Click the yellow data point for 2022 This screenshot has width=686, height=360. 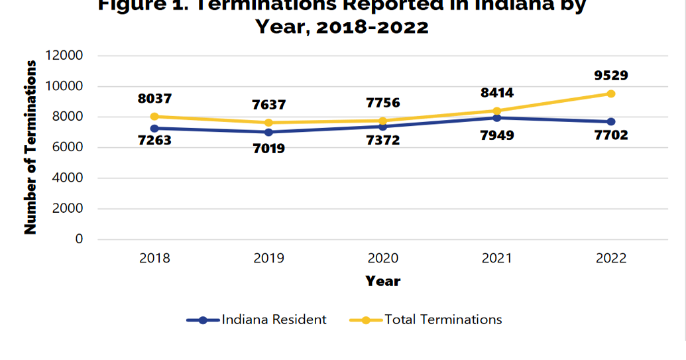click(x=610, y=93)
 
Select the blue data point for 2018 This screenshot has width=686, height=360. click(x=154, y=128)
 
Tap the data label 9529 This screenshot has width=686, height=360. click(x=610, y=76)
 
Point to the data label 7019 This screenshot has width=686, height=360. click(x=268, y=149)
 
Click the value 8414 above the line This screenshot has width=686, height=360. click(x=497, y=93)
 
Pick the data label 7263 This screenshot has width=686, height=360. click(x=154, y=141)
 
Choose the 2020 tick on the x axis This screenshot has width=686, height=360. click(x=382, y=259)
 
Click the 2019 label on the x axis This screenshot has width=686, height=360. click(x=268, y=259)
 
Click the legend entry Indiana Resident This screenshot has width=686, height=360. click(x=274, y=320)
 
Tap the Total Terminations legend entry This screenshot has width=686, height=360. click(x=443, y=320)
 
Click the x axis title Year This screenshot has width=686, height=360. click(x=382, y=281)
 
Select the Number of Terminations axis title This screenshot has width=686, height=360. click(x=30, y=147)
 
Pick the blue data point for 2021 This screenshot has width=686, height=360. click(x=497, y=118)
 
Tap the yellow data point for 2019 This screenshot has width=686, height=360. click(x=268, y=123)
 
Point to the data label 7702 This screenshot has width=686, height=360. click(x=610, y=135)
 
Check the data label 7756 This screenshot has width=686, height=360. click(x=382, y=103)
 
